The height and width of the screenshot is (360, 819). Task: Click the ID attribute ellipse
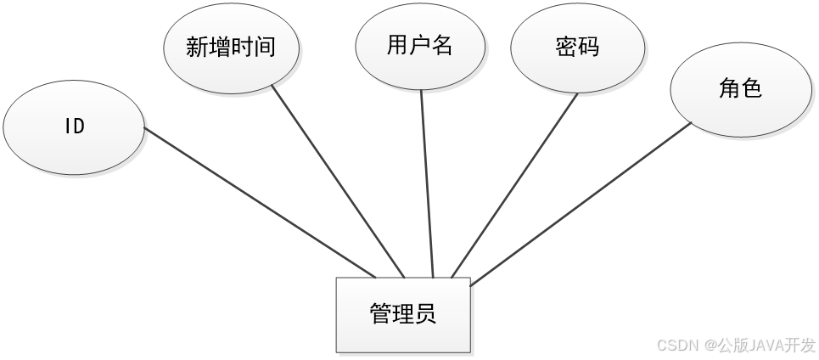(74, 127)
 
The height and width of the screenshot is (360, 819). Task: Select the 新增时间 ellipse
(231, 48)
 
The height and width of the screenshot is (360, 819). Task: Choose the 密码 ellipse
(577, 48)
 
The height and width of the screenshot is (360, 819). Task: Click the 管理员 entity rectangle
(403, 313)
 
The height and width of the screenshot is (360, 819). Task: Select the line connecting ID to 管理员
(259, 202)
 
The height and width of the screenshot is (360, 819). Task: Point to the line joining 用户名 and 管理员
(427, 183)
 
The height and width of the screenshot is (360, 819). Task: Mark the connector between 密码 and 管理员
(515, 184)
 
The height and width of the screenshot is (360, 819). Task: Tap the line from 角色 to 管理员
(581, 203)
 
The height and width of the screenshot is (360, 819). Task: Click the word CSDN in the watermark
(676, 345)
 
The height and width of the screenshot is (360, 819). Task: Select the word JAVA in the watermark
(763, 345)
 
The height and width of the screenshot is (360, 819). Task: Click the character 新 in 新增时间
(197, 48)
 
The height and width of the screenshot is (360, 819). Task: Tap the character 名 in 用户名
(442, 47)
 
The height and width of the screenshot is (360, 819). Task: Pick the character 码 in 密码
(588, 48)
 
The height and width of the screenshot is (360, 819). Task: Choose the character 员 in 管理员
(426, 313)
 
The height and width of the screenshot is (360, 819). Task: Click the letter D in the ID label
(79, 127)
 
